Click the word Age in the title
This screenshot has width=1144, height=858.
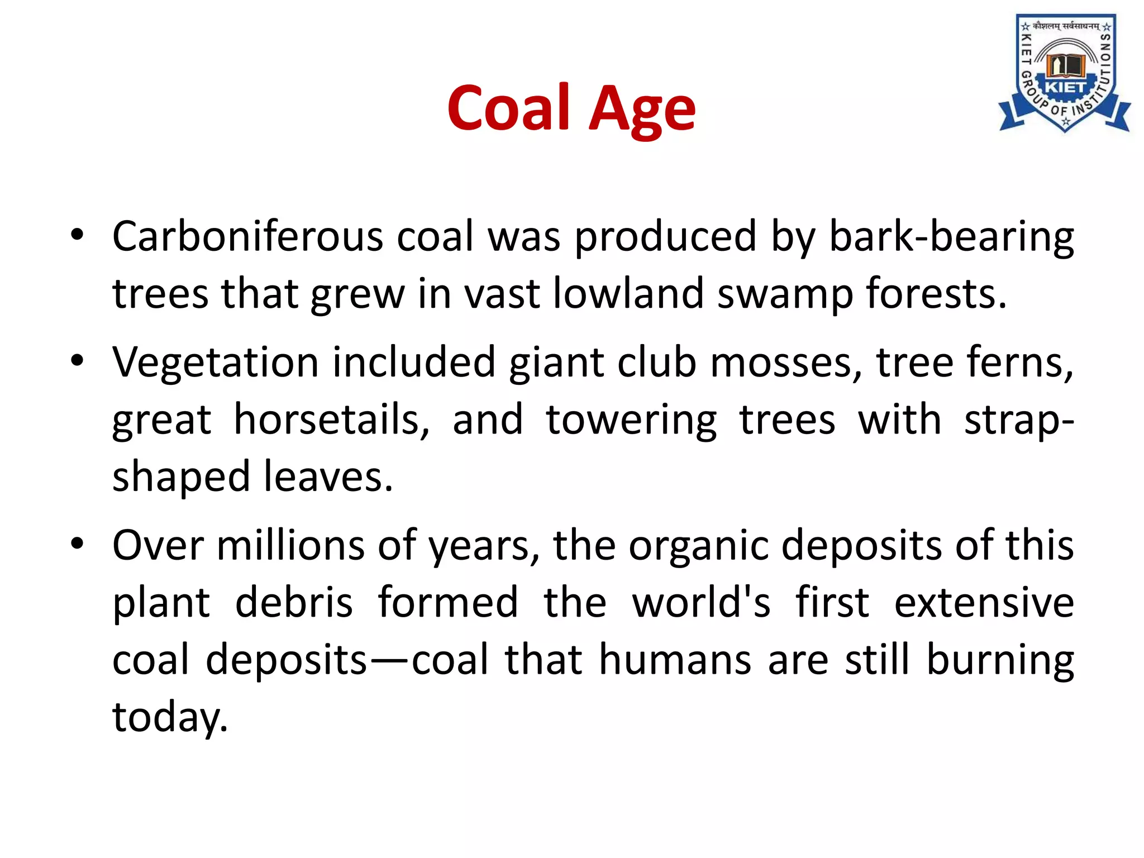click(x=642, y=109)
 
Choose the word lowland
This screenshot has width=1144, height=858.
click(x=628, y=294)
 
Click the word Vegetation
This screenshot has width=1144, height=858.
click(x=216, y=363)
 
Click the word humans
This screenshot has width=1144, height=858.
click(x=675, y=660)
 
